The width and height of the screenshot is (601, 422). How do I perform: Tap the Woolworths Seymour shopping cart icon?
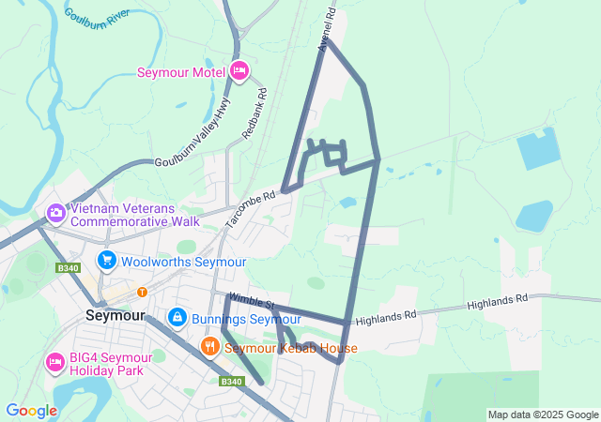click(106, 260)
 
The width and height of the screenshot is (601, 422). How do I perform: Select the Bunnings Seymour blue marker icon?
click(176, 319)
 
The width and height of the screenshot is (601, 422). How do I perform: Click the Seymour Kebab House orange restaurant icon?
click(209, 347)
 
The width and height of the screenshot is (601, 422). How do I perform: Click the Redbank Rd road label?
click(254, 113)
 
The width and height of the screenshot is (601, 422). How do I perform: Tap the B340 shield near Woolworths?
click(66, 267)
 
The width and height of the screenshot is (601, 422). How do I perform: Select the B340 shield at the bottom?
click(231, 381)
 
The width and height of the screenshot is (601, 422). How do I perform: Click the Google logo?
click(31, 411)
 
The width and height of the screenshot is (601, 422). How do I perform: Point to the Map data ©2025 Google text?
click(542, 414)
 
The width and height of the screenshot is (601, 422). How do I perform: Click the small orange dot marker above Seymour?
click(142, 292)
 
